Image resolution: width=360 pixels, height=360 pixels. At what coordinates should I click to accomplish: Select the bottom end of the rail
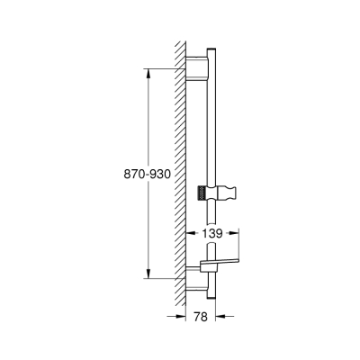coord(211,294)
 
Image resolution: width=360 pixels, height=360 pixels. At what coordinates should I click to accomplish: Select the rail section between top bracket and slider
coord(211,126)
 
